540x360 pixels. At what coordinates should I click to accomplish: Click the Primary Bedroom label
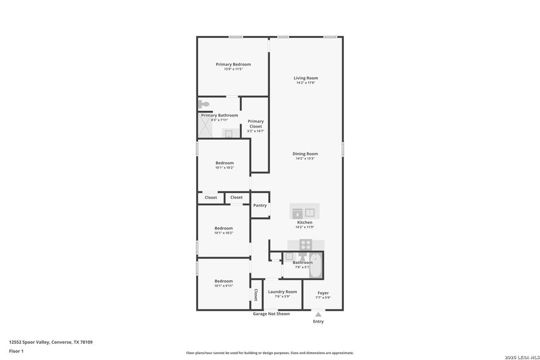click(233, 64)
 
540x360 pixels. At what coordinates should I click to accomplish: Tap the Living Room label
click(305, 78)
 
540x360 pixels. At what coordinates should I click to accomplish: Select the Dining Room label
click(305, 154)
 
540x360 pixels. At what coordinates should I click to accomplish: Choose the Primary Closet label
click(256, 124)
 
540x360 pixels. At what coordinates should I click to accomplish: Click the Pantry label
click(260, 205)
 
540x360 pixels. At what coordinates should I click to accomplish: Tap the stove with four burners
click(305, 244)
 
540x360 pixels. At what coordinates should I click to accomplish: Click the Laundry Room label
click(283, 292)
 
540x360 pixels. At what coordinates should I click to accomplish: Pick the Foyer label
click(323, 293)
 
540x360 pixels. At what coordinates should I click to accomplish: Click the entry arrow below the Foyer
click(318, 314)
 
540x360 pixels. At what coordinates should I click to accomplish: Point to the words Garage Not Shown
click(271, 314)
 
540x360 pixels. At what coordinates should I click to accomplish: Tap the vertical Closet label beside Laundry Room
click(256, 295)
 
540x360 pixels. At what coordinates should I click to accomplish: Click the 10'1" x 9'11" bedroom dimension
click(224, 286)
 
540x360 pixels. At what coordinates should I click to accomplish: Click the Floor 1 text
click(16, 350)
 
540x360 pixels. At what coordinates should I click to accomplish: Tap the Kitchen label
click(305, 222)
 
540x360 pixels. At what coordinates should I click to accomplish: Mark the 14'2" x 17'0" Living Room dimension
click(305, 83)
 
